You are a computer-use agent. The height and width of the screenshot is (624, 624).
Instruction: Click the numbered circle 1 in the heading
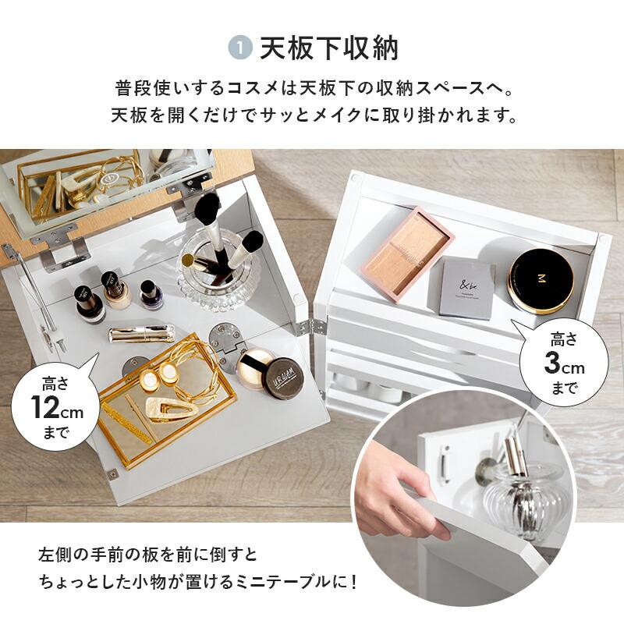tap(240, 48)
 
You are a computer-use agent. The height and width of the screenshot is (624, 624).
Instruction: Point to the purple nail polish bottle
tap(147, 295)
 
